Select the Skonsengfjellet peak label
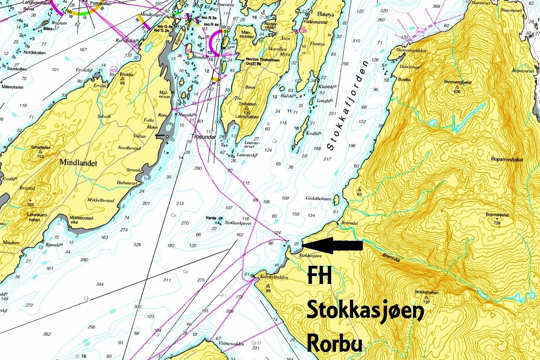[457, 82]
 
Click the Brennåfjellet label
[499, 215]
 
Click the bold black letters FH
[320, 277]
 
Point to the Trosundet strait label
[203, 137]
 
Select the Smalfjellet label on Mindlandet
[40, 147]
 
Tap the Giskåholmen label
[318, 199]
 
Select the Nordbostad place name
[129, 148]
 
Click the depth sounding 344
[100, 283]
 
